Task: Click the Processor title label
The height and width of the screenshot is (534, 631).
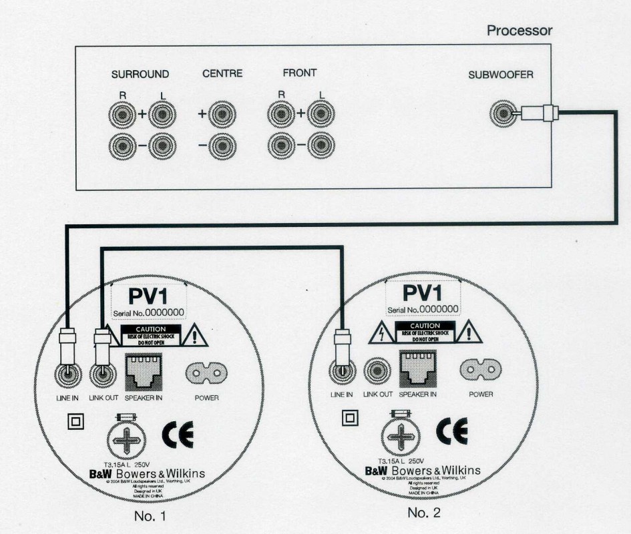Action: point(519,31)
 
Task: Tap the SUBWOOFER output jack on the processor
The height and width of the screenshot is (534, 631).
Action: point(501,114)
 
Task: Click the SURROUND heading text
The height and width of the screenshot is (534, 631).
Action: point(140,74)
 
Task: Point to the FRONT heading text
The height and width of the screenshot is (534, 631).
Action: point(299,73)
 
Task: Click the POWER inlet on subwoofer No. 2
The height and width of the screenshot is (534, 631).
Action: point(481,369)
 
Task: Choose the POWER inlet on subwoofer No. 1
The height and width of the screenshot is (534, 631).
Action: point(206,373)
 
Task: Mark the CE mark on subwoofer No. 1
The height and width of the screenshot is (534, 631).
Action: point(178,435)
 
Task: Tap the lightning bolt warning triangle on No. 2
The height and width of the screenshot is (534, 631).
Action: point(381,332)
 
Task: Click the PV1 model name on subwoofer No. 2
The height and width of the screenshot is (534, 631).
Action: point(423,293)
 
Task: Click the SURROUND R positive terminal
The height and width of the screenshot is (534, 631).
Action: point(122,115)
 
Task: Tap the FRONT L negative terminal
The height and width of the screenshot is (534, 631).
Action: point(321,145)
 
